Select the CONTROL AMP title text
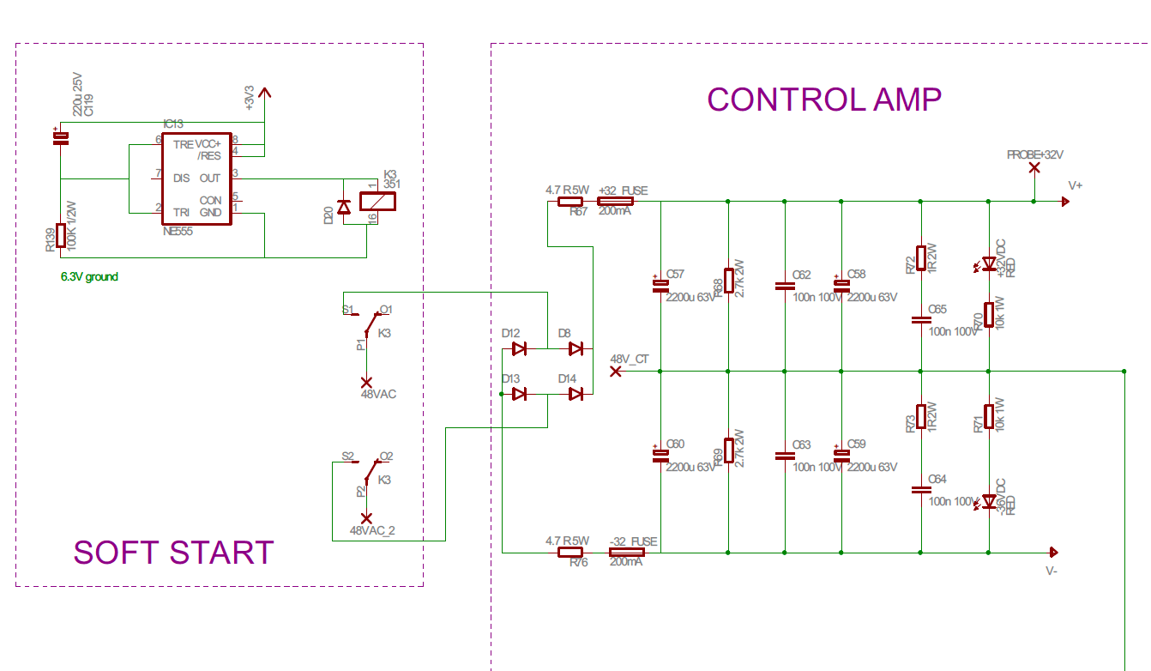(x=823, y=100)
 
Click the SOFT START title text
(x=173, y=553)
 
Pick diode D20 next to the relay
(x=344, y=207)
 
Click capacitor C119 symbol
(x=60, y=138)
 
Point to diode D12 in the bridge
(x=519, y=348)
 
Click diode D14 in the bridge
(x=575, y=393)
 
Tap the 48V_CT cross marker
(x=615, y=372)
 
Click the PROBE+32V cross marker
(x=1034, y=167)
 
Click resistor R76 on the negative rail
(x=570, y=553)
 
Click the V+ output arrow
(x=1064, y=202)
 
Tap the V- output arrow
(x=1054, y=553)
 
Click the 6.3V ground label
(x=89, y=277)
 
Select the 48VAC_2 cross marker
(x=366, y=518)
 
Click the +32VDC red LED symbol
(x=988, y=263)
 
